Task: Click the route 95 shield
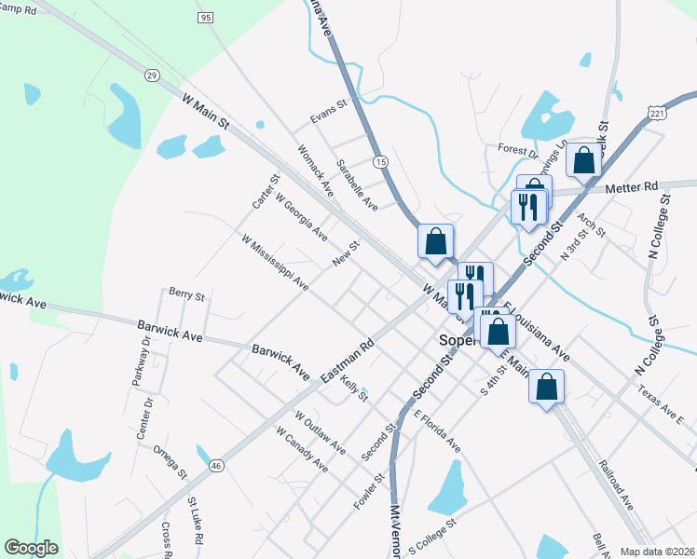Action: (206, 18)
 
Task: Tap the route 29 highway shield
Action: (152, 75)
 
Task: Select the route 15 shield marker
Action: (380, 162)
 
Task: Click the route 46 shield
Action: (216, 465)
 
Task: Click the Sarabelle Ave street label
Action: (357, 184)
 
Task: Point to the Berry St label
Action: (186, 294)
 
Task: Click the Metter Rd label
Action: (631, 186)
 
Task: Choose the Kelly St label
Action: (355, 390)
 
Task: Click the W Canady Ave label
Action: (302, 448)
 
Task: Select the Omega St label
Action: (171, 461)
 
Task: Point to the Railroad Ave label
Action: (616, 484)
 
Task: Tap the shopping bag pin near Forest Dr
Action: (583, 160)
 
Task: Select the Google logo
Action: (31, 548)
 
